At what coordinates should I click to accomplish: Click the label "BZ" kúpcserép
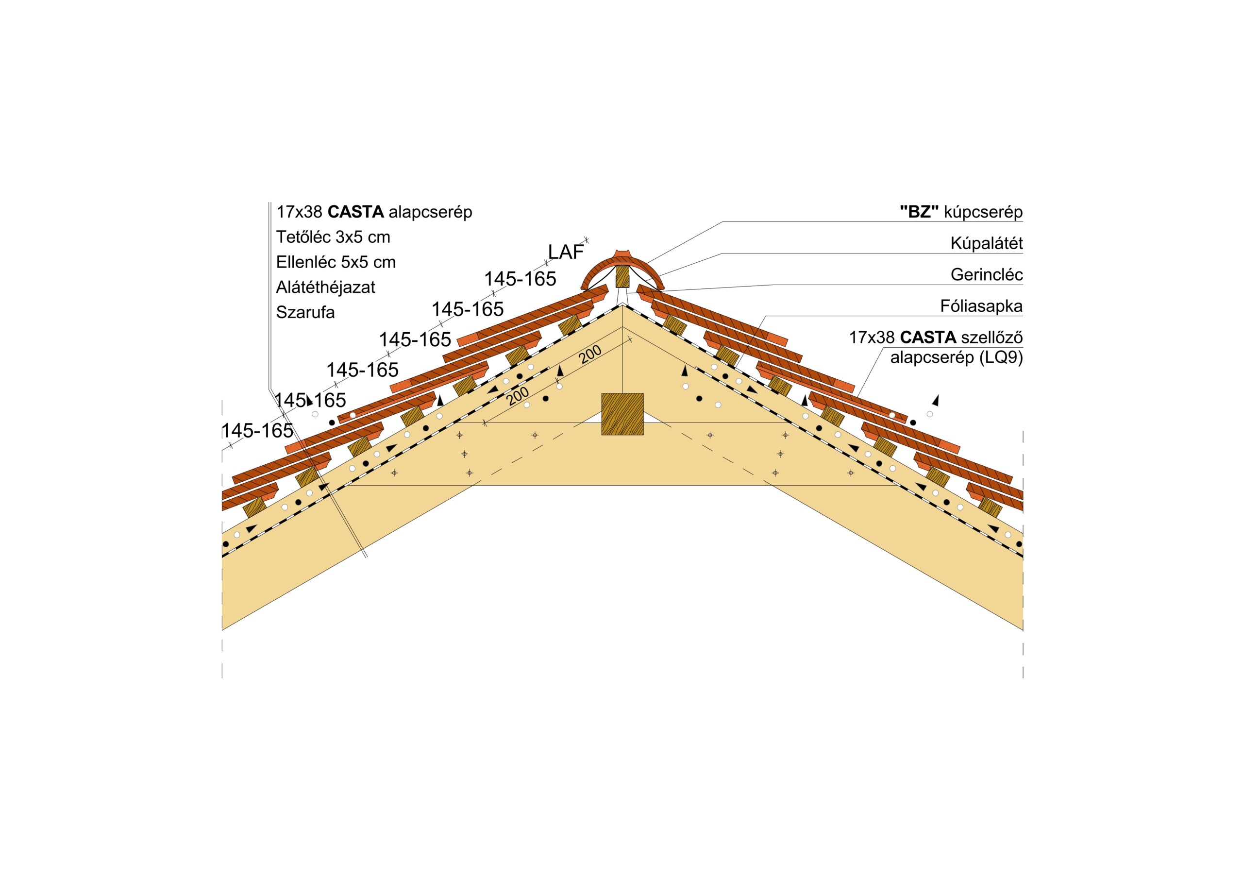pos(961,212)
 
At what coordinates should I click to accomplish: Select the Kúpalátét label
pos(986,243)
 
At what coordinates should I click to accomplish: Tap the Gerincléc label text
pos(986,274)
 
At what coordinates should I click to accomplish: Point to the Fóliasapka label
pos(981,306)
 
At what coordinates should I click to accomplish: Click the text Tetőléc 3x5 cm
pos(333,237)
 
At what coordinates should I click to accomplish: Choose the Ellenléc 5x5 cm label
pos(336,262)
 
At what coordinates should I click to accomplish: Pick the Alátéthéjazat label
pos(325,287)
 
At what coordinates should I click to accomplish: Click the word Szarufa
pos(305,312)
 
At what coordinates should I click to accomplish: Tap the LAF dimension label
pos(566,252)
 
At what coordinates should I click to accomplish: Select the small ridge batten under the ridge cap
pos(622,276)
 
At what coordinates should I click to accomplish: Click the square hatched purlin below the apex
pos(622,414)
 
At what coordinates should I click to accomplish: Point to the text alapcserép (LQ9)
pos(957,357)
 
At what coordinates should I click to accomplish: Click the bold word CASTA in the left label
pos(356,212)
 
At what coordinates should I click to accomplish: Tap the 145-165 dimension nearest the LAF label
pos(520,279)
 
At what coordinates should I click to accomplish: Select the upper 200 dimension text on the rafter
pos(590,355)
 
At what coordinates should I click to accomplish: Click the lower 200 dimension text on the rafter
pos(518,396)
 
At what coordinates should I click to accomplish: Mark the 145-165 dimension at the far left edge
pos(258,431)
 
